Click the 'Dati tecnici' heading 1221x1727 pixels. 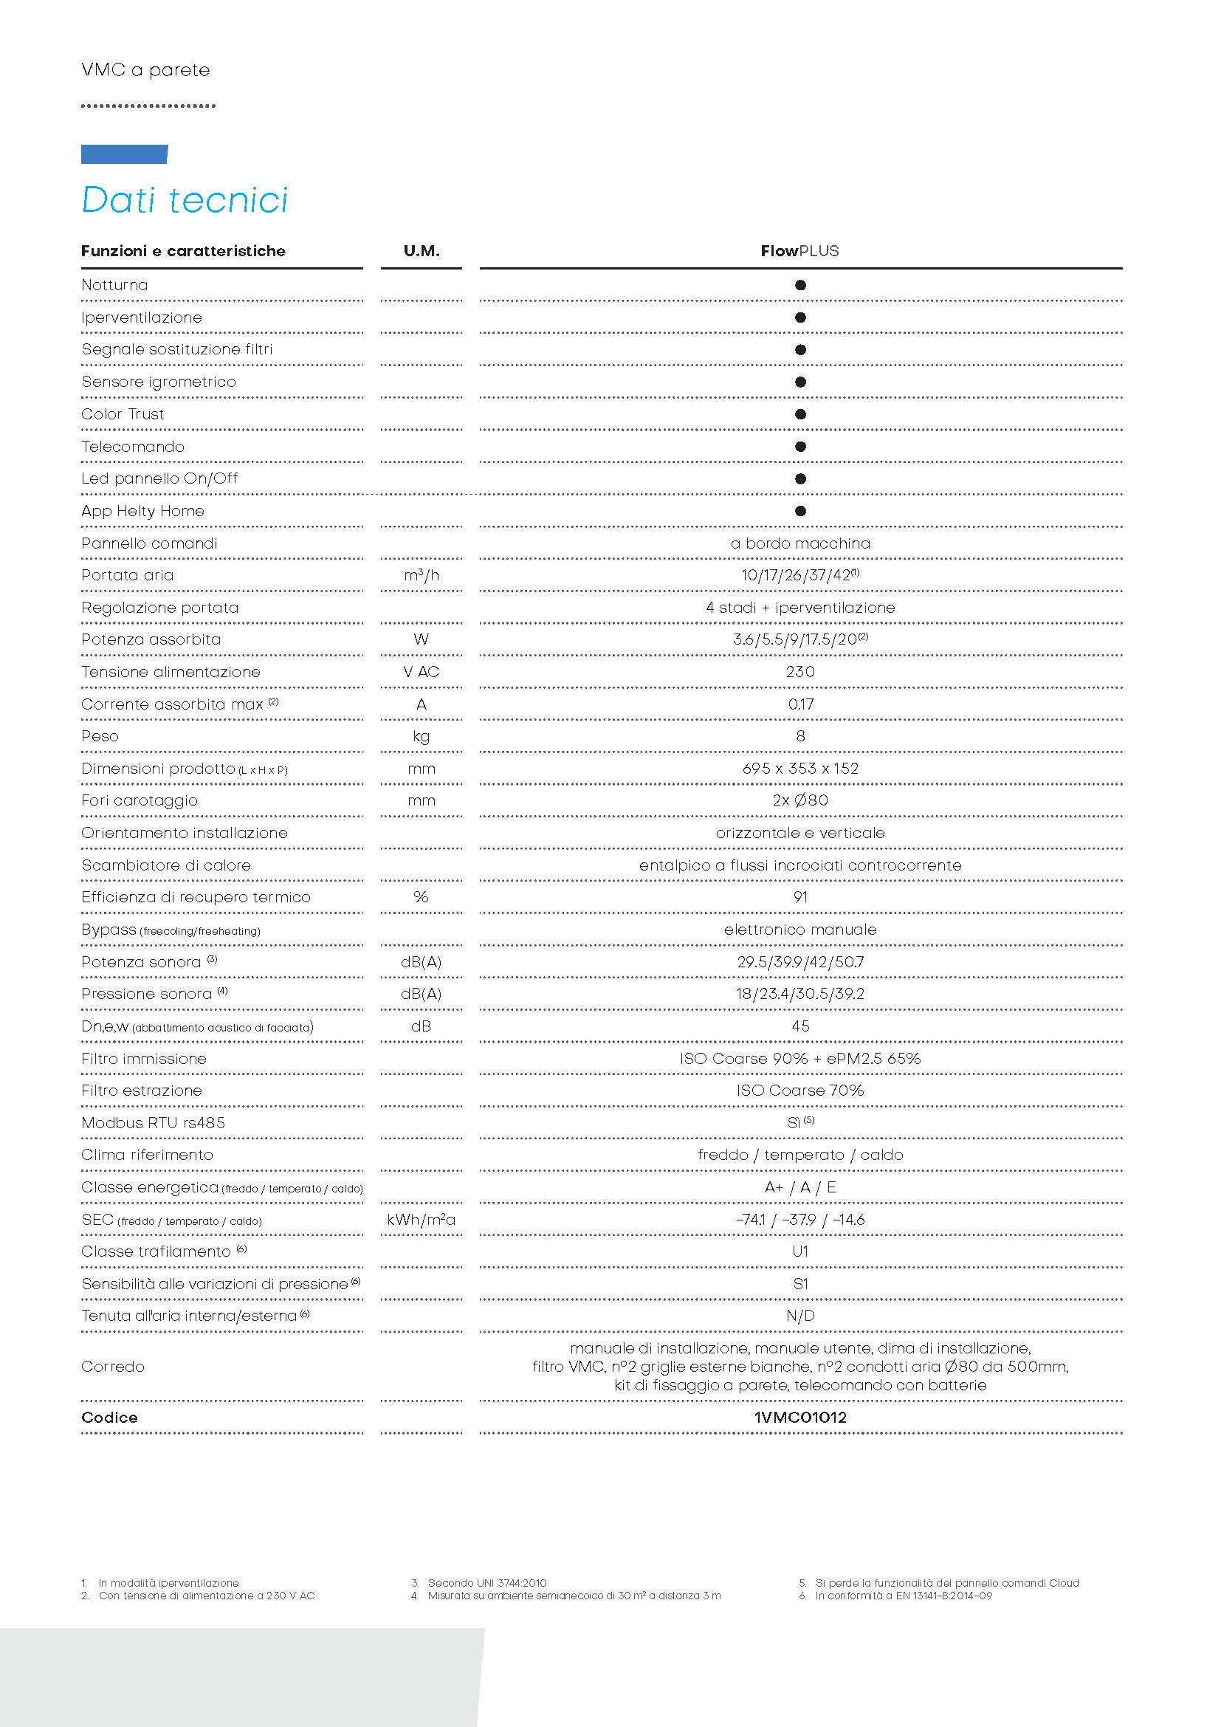point(185,200)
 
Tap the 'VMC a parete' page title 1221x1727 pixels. point(145,70)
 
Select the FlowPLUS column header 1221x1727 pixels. point(799,251)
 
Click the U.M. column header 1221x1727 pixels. point(421,251)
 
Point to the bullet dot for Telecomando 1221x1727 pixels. point(800,446)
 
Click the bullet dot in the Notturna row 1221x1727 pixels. point(800,285)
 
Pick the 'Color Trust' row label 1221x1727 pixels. point(123,414)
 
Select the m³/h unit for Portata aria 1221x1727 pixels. point(421,575)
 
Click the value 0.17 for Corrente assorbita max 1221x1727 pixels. point(800,704)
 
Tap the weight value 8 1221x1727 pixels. point(800,736)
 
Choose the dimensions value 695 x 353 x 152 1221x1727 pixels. point(800,769)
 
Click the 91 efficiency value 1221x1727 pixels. point(800,897)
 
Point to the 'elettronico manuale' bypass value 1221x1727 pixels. point(800,930)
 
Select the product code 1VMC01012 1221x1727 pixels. point(800,1418)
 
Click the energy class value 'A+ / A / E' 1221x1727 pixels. point(800,1188)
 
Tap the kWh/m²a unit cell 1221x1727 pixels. point(421,1220)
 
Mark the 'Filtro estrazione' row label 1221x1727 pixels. point(141,1091)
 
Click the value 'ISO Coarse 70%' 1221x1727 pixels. point(800,1091)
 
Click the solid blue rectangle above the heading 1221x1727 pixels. point(124,154)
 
